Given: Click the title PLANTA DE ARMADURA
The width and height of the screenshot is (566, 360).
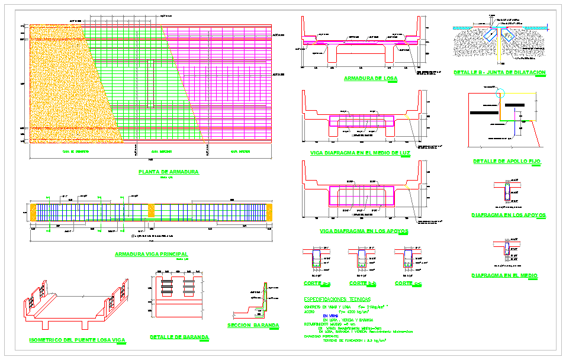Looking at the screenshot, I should pyautogui.click(x=168, y=172).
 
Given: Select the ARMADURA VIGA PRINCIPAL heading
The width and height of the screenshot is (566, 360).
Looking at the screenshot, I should pyautogui.click(x=151, y=254).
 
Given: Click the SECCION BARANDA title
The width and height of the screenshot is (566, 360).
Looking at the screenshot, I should pyautogui.click(x=253, y=326).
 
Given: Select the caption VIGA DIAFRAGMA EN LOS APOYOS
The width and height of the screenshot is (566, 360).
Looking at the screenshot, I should pyautogui.click(x=364, y=231).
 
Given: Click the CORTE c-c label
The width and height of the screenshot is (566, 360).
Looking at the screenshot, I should pyautogui.click(x=408, y=284).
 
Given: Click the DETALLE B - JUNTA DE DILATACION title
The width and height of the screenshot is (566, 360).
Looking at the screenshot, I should pyautogui.click(x=499, y=73).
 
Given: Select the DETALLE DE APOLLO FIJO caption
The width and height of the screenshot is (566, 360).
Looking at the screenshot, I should pyautogui.click(x=507, y=161).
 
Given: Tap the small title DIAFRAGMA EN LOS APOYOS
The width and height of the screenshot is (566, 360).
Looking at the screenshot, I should pyautogui.click(x=508, y=216).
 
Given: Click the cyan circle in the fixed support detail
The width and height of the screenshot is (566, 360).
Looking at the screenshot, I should pyautogui.click(x=501, y=93).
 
